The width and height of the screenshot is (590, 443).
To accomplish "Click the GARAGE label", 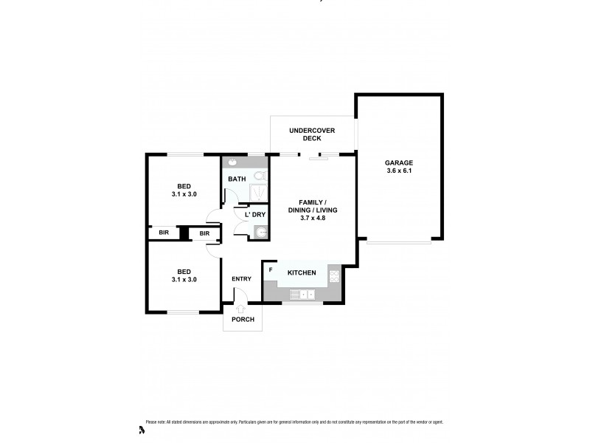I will pos(398,162).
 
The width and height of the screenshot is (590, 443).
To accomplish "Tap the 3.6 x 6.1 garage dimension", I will pos(398,171).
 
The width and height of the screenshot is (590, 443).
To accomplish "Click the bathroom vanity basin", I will pos(232,162).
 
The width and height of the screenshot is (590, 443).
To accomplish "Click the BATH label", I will pos(237,179).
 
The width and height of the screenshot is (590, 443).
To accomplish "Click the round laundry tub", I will pos(260,233).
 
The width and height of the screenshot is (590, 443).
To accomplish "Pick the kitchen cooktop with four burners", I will pos(334,276).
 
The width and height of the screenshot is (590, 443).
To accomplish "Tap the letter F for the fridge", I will pos(271,269).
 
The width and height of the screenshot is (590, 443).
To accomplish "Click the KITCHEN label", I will pos(302,273).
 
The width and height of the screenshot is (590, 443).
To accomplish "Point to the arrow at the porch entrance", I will pos(241,309).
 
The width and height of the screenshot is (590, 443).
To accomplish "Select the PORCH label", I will pos(243,320).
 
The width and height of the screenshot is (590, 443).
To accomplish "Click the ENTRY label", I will pos(241,278).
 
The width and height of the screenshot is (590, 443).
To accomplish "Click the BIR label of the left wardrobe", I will pos(164,233).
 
